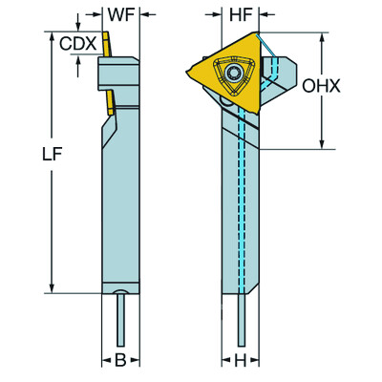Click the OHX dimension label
pos(322,86)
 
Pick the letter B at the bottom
pos(120,361)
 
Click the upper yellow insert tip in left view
pos(109,44)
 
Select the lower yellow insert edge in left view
pos(109,102)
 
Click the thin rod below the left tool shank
pos(120,319)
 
